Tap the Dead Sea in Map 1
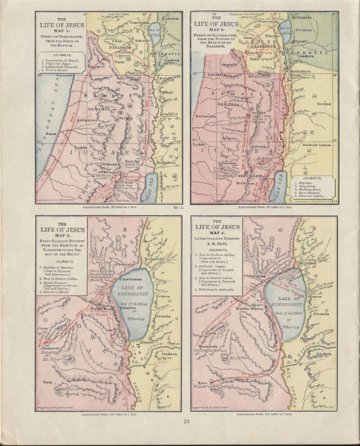pos(152,185)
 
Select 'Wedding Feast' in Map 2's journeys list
pos(312,189)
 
